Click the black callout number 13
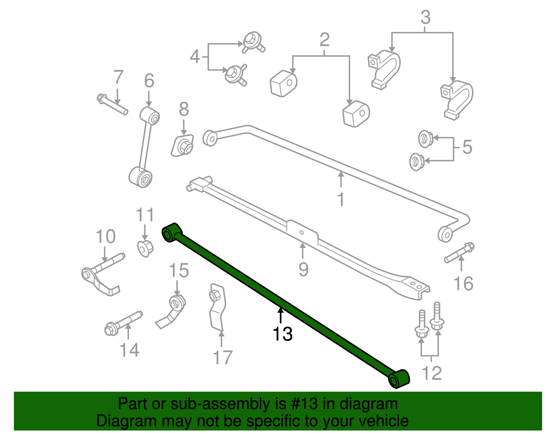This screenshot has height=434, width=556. [x=283, y=334]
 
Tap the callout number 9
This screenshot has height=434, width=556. [x=303, y=270]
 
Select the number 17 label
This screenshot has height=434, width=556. [x=222, y=358]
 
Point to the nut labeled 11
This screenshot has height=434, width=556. [x=145, y=248]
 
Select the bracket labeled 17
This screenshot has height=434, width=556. [x=217, y=308]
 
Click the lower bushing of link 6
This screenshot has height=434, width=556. [x=141, y=177]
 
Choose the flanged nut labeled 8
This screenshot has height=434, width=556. [x=183, y=146]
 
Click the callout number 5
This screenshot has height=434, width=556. [x=467, y=147]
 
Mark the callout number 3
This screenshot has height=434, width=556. [x=425, y=17]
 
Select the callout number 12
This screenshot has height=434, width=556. [x=432, y=374]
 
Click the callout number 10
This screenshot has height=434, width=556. [x=106, y=237]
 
